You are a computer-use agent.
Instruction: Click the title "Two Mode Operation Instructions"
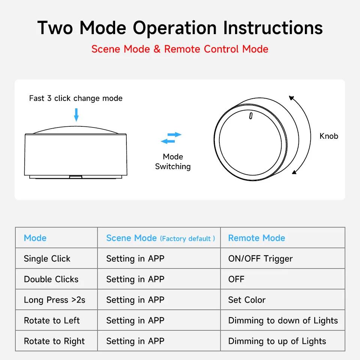tap(180, 28)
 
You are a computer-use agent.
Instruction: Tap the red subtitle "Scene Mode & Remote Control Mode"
tap(180, 49)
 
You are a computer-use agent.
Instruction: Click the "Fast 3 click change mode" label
tap(76, 98)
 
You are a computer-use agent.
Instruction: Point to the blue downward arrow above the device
tap(76, 115)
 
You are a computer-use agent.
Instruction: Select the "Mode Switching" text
tap(173, 162)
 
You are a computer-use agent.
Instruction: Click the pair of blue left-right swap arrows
tap(171, 138)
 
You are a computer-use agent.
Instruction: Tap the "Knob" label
tap(328, 136)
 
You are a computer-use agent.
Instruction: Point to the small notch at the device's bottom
tap(76, 175)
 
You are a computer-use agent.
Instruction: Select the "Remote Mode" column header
tap(256, 238)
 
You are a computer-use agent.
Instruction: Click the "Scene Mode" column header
tap(131, 238)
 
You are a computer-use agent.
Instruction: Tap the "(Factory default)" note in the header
tap(187, 239)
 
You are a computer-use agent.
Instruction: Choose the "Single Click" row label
tap(47, 259)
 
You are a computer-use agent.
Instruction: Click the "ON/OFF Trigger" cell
tap(260, 259)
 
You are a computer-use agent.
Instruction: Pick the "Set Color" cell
tap(247, 300)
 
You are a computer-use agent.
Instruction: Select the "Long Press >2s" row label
tap(54, 300)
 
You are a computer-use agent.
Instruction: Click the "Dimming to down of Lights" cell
tap(283, 321)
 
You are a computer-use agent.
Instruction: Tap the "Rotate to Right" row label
tap(54, 341)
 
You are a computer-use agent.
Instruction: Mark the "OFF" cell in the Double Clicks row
tap(236, 279)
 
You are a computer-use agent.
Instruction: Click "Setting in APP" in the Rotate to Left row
tap(135, 321)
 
